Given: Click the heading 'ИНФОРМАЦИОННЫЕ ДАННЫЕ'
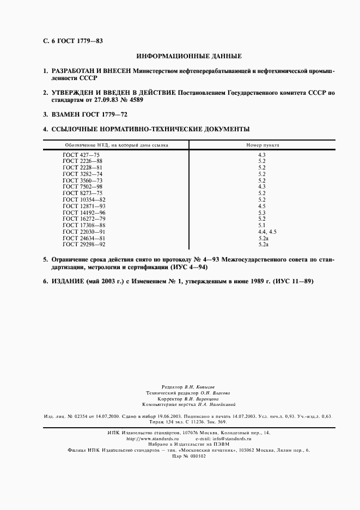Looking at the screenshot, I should click(x=188, y=56).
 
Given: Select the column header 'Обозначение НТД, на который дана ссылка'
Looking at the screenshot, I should click(x=117, y=145).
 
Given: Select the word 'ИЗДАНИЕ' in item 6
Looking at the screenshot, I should click(x=68, y=281).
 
